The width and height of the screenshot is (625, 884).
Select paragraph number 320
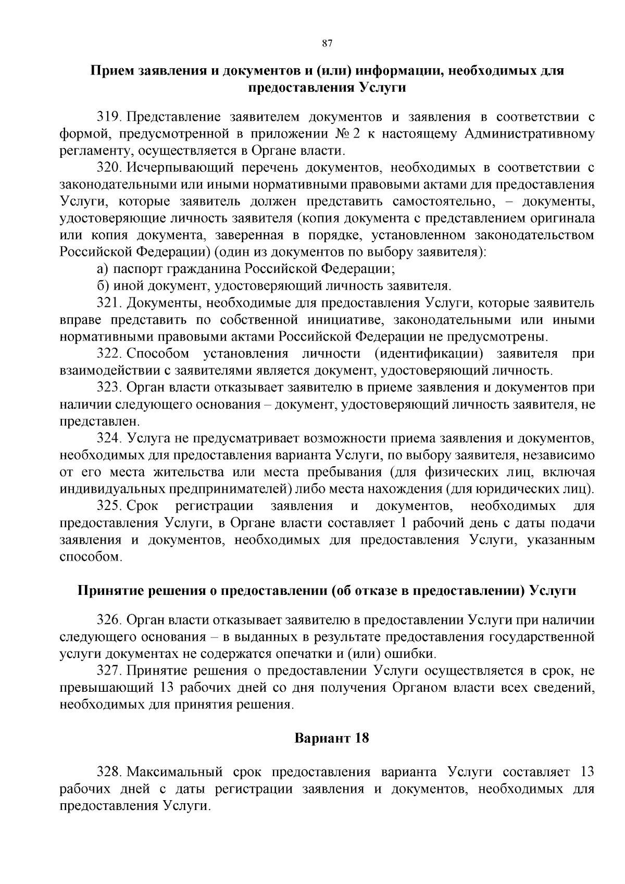pyautogui.click(x=109, y=168)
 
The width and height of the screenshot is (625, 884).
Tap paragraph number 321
pyautogui.click(x=109, y=303)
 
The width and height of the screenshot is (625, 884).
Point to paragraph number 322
pyautogui.click(x=109, y=354)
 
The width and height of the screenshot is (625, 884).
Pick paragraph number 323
pyautogui.click(x=109, y=388)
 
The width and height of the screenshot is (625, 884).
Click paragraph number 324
pyautogui.click(x=109, y=439)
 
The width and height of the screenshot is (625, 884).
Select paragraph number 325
pyautogui.click(x=109, y=506)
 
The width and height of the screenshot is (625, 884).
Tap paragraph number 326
pyautogui.click(x=109, y=620)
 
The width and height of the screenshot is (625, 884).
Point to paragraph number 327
pyautogui.click(x=109, y=671)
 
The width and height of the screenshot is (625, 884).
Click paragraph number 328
pyautogui.click(x=109, y=772)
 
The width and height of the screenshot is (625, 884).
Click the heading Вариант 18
pyautogui.click(x=332, y=738)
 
